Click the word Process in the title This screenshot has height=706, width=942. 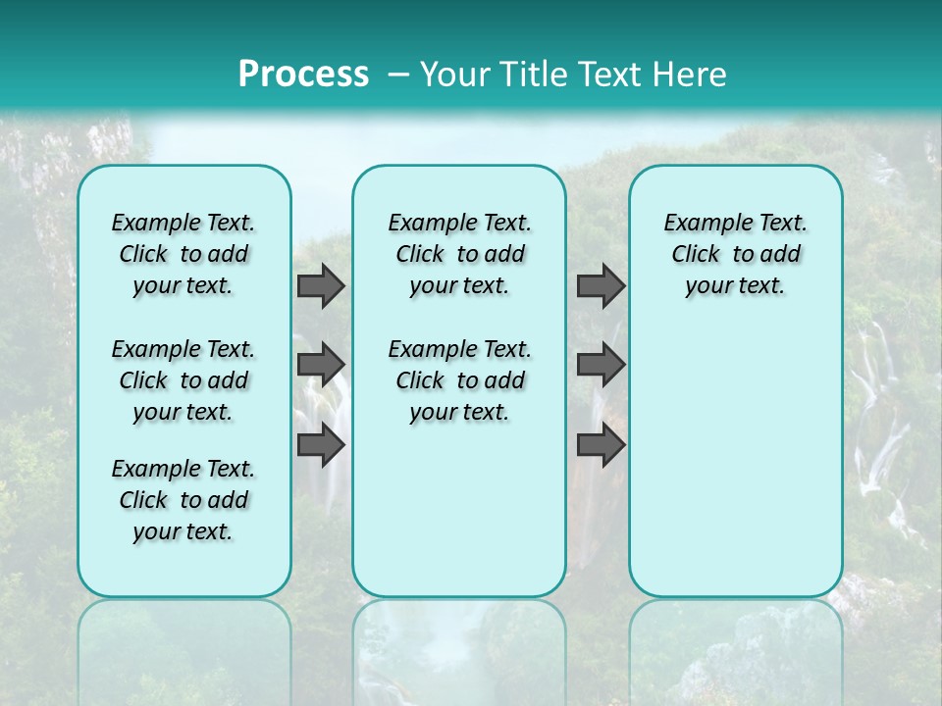[x=303, y=74]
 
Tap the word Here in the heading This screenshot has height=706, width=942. [x=689, y=74]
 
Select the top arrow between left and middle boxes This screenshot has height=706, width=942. [x=321, y=285]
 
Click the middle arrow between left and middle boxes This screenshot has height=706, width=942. [x=321, y=365]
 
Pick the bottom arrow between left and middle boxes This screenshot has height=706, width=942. [x=321, y=445]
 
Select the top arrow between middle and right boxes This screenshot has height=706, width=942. [x=601, y=285]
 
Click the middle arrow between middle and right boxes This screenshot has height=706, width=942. [x=601, y=365]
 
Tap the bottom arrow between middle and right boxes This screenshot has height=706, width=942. [x=601, y=445]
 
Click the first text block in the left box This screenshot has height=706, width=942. [x=183, y=254]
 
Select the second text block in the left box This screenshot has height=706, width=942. [x=183, y=380]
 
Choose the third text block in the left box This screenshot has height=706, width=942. [x=183, y=500]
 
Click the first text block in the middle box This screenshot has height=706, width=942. [x=459, y=254]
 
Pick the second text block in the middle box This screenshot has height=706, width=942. [x=459, y=380]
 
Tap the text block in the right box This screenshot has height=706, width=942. [x=735, y=254]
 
